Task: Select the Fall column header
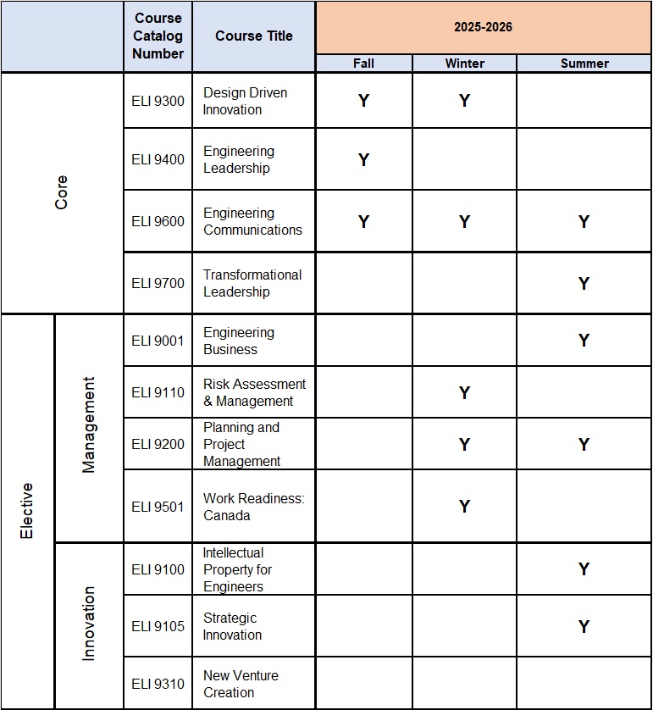pyautogui.click(x=363, y=64)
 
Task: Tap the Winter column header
pyautogui.click(x=464, y=64)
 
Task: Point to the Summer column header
pyautogui.click(x=584, y=64)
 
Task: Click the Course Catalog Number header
pyautogui.click(x=158, y=36)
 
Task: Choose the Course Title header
pyautogui.click(x=253, y=36)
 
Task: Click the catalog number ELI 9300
pyautogui.click(x=158, y=101)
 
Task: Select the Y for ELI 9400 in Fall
pyautogui.click(x=363, y=159)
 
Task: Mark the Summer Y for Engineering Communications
pyautogui.click(x=584, y=222)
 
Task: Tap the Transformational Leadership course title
pyautogui.click(x=252, y=283)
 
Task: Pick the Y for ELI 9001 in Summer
pyautogui.click(x=584, y=341)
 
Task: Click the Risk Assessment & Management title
pyautogui.click(x=254, y=392)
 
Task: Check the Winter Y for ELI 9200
pyautogui.click(x=464, y=444)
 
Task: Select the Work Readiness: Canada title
pyautogui.click(x=252, y=507)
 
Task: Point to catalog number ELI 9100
pyautogui.click(x=158, y=569)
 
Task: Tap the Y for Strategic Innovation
pyautogui.click(x=584, y=627)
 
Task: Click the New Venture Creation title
pyautogui.click(x=241, y=684)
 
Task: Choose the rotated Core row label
pyautogui.click(x=61, y=193)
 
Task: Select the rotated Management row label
pyautogui.click(x=88, y=425)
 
